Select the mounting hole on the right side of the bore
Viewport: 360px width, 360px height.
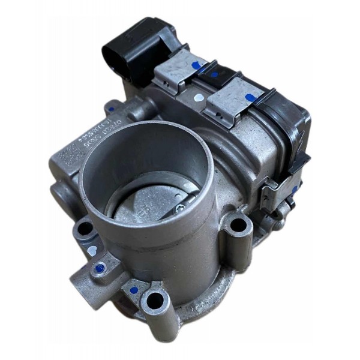239,225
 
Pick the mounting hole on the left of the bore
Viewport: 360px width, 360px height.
85,229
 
